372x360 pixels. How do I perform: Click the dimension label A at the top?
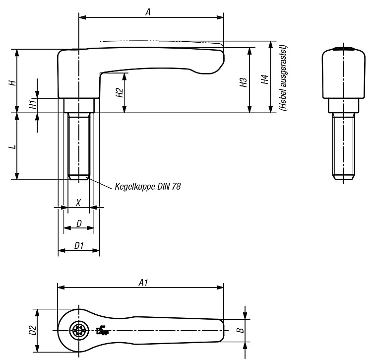click(148, 12)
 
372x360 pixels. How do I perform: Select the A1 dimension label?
click(143, 283)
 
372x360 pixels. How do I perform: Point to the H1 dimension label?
click(33, 104)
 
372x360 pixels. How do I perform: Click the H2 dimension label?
click(120, 92)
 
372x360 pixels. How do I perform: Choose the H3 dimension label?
click(244, 82)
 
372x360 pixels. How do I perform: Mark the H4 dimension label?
click(264, 79)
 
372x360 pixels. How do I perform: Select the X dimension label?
click(78, 203)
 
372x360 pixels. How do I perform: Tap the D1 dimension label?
click(79, 245)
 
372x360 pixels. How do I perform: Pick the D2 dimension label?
click(33, 330)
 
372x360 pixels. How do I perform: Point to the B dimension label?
click(241, 330)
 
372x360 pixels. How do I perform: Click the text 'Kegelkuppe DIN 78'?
click(148, 186)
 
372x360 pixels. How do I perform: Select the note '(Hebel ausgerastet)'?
click(283, 77)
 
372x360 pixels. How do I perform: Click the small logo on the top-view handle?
click(102, 330)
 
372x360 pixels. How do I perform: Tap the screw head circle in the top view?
click(79, 330)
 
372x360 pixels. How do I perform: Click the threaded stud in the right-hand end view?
click(344, 146)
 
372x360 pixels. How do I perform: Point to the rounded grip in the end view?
click(343, 72)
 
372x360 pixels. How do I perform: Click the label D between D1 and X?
click(79, 223)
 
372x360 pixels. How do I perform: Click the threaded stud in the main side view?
click(79, 146)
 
